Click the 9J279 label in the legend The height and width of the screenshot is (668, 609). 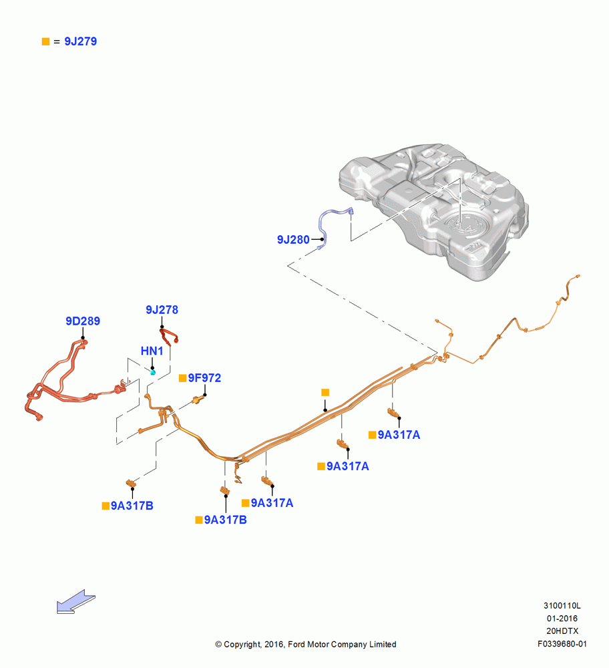coord(81,41)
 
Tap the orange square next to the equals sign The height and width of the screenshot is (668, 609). coord(45,41)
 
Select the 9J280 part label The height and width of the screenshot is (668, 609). coord(293,239)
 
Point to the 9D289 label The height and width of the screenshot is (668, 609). coord(83,321)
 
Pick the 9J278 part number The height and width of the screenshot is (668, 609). coord(162,310)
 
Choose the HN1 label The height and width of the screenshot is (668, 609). coord(152,351)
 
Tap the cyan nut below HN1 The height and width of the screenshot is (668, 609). coord(153,373)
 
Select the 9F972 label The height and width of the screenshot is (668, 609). coord(204,378)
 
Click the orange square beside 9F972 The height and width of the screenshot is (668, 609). coord(183,378)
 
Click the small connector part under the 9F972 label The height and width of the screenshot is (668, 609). coord(198,399)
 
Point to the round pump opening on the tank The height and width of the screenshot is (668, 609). coord(464,224)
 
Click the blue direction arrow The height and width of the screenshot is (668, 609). coord(76,601)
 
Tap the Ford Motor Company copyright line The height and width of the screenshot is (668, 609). coord(306,644)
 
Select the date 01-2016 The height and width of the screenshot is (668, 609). coord(562,618)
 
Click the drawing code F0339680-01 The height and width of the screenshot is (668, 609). coord(562,644)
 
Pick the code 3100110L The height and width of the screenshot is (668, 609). coord(562,605)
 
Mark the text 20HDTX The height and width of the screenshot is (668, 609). coord(562,631)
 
